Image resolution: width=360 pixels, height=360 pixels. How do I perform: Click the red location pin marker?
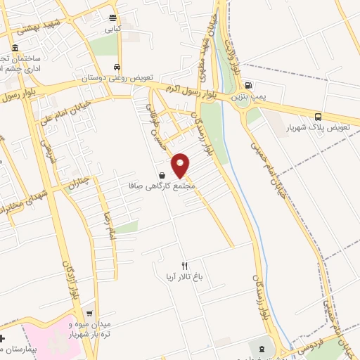181,165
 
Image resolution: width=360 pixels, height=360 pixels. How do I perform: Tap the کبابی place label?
113,30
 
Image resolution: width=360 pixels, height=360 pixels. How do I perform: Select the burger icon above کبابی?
113,18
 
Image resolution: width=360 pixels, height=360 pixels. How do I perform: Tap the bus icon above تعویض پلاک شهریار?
319,117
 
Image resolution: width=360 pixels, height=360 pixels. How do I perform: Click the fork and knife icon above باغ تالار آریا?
185,266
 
